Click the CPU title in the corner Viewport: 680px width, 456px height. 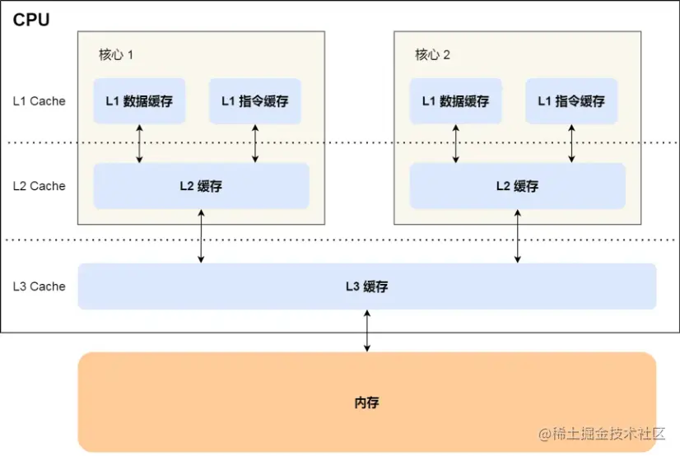(x=31, y=20)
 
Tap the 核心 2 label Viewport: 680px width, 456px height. (x=432, y=55)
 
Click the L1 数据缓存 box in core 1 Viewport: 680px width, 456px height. (x=139, y=101)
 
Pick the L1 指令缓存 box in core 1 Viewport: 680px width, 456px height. (x=254, y=101)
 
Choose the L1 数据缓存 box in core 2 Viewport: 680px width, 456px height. (x=455, y=101)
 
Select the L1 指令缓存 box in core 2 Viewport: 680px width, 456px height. (x=571, y=101)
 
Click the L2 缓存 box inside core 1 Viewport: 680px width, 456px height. (x=201, y=186)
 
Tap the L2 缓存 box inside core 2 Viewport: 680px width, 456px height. (x=517, y=186)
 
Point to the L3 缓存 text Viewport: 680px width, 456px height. (x=366, y=287)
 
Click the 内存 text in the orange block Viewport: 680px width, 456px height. (x=366, y=403)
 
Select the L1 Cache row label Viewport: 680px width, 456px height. (x=39, y=101)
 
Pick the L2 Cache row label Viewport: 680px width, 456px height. (x=39, y=186)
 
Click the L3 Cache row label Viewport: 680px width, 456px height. (x=39, y=286)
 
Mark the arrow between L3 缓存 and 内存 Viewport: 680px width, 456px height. (x=367, y=331)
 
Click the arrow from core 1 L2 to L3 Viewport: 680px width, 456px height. (x=201, y=236)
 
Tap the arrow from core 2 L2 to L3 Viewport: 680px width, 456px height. (x=517, y=236)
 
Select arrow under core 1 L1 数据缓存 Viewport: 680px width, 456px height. (x=139, y=143)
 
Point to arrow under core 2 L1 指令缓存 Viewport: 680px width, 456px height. (x=571, y=143)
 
